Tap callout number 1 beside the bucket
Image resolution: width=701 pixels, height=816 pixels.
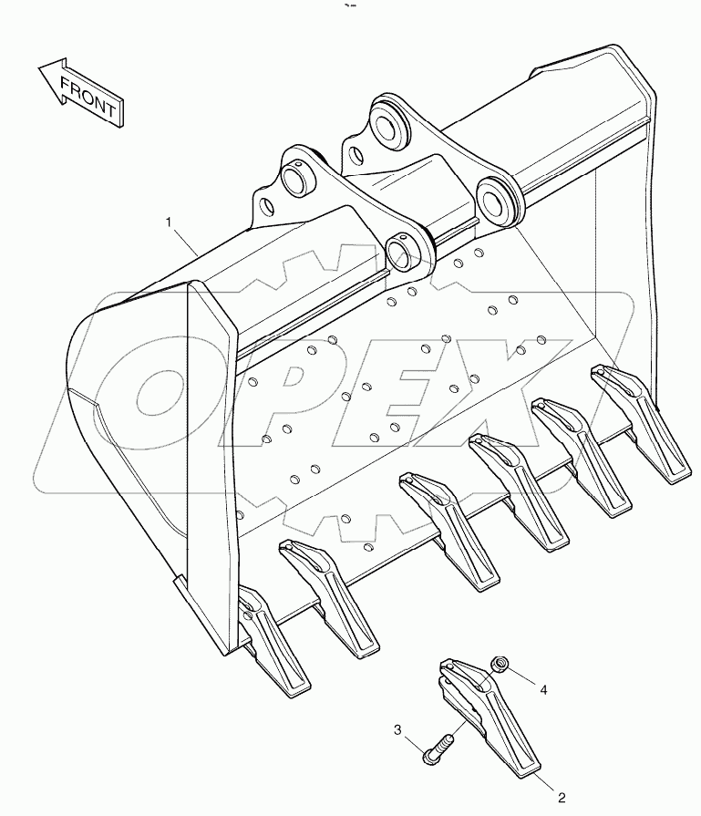coord(169,222)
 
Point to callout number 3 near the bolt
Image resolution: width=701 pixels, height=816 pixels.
coord(398,729)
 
